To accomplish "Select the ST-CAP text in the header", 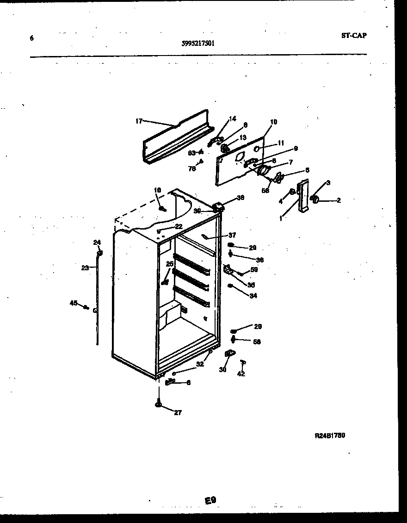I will tap(354, 35).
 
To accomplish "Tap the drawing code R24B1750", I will tap(330, 436).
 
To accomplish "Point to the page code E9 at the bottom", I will tap(211, 500).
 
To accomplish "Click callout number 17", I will tap(139, 121).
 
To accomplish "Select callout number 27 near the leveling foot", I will tap(178, 413).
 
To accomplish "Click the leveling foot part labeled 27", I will tap(159, 404).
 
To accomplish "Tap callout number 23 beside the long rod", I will tap(85, 268).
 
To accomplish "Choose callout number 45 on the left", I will tap(73, 303).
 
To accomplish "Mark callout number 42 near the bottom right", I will tap(241, 374).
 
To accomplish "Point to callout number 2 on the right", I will tap(339, 200).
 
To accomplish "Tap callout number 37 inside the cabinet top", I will tap(232, 235).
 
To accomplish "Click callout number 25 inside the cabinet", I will tap(169, 264).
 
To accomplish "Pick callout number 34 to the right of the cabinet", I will tap(253, 296).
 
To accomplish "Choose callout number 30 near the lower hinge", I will tap(223, 369).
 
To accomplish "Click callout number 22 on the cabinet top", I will tap(179, 226).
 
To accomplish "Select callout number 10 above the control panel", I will tap(273, 122).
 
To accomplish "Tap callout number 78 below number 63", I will tap(191, 168).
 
